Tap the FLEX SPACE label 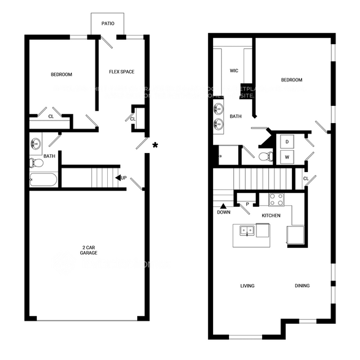coord(121,72)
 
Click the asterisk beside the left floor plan coord(156,145)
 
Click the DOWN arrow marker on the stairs coord(223,209)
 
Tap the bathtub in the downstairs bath coord(43,180)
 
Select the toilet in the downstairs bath coord(35,163)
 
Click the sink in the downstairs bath coord(36,144)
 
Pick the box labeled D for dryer coord(286,142)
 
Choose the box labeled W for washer coord(286,157)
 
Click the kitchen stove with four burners coord(276,199)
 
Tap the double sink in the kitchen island coord(247,231)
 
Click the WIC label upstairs coord(233,70)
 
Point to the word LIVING coord(247,286)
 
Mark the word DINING coord(302,286)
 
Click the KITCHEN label coord(271,216)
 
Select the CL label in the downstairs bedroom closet coord(51,116)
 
